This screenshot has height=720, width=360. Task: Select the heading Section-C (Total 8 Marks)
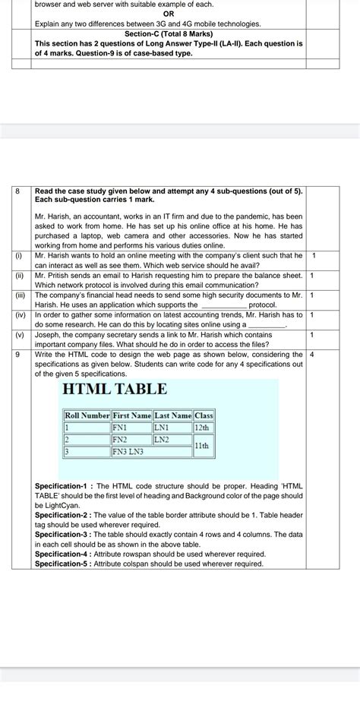tap(169, 34)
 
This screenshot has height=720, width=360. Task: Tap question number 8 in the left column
tap(18, 191)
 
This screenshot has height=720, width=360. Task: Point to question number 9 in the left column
tap(18, 354)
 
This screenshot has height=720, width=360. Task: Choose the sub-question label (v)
tap(21, 334)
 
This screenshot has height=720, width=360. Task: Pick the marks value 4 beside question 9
tap(312, 354)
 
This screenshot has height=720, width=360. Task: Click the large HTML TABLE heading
tap(114, 390)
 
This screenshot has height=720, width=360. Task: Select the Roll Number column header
tap(87, 415)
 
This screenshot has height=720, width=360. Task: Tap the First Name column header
tap(131, 415)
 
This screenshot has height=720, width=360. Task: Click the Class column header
tap(204, 415)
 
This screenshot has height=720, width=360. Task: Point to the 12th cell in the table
tap(203, 428)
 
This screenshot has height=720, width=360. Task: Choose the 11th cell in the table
tap(203, 446)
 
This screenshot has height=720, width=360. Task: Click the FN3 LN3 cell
tap(129, 452)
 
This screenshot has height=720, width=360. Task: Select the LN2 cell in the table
tap(162, 440)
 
